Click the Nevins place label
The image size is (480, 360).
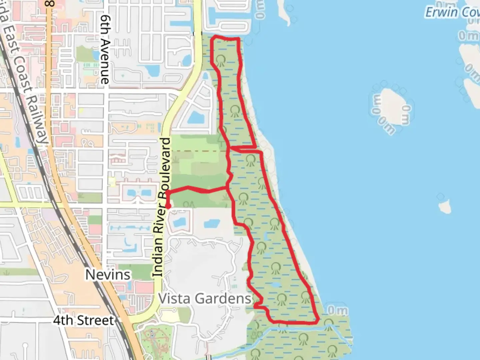108,275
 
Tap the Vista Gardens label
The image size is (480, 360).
205,298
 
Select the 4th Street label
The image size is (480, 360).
83,320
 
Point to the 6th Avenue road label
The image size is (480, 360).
105,49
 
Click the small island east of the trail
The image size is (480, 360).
444,207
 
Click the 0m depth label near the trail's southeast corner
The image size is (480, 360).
337,311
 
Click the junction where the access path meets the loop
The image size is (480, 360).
228,188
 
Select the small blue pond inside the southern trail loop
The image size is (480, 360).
275,285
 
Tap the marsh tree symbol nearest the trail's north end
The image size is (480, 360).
220,60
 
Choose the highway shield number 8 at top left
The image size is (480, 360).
50,4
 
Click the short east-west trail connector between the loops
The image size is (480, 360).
243,147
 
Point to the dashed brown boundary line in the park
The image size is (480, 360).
200,151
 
